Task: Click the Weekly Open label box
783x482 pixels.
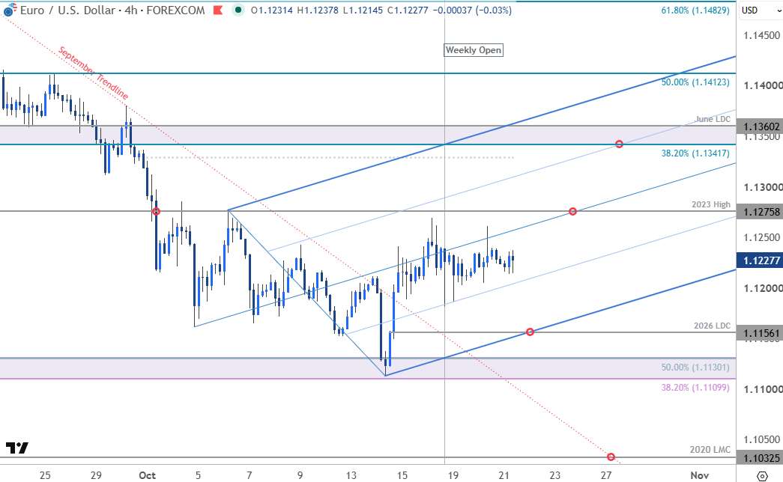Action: click(x=474, y=50)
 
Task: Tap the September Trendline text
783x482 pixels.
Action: click(x=94, y=73)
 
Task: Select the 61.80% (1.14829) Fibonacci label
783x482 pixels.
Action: click(x=695, y=10)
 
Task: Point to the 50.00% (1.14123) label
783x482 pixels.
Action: click(x=695, y=82)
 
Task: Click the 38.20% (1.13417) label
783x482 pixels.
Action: click(x=695, y=153)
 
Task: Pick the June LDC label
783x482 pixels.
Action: click(x=713, y=119)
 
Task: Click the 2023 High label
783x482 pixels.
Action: click(x=710, y=204)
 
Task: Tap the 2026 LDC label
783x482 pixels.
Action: click(x=712, y=326)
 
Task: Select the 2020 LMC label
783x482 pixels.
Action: click(x=710, y=450)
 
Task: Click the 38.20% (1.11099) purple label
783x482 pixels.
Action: click(x=695, y=387)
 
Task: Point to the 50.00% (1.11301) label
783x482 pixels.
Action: click(x=695, y=367)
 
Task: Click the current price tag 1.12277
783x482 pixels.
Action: click(x=760, y=260)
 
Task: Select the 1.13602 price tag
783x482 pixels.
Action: click(x=760, y=126)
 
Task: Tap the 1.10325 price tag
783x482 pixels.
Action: click(x=760, y=458)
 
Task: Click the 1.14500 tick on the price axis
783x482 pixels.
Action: click(x=761, y=35)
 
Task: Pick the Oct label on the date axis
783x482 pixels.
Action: click(x=148, y=475)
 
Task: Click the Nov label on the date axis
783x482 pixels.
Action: click(x=700, y=475)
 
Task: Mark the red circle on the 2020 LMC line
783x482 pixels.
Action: click(x=611, y=457)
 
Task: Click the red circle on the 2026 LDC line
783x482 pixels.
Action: click(x=530, y=332)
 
